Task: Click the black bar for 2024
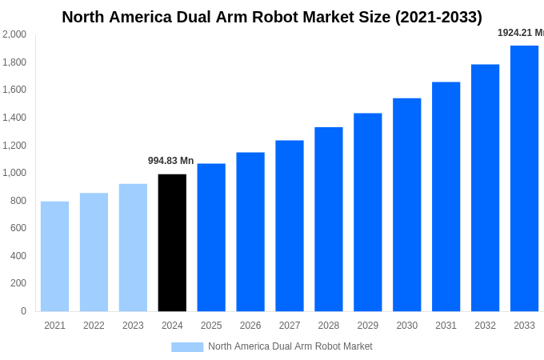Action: click(x=172, y=242)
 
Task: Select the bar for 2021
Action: click(x=54, y=256)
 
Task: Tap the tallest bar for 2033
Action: click(x=524, y=178)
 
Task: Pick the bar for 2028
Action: click(x=328, y=219)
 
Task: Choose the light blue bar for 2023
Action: click(x=133, y=247)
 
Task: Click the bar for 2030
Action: click(x=406, y=205)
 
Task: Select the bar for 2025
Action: click(x=211, y=238)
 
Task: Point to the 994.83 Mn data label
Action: click(x=170, y=161)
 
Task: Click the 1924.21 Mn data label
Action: click(x=520, y=33)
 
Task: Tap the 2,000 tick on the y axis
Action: click(x=14, y=34)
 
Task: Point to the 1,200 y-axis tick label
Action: click(x=14, y=146)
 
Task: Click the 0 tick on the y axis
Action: click(x=23, y=311)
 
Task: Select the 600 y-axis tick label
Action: click(x=18, y=228)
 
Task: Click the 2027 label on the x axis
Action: click(x=290, y=326)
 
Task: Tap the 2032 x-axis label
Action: click(x=485, y=326)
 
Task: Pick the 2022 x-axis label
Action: click(x=94, y=326)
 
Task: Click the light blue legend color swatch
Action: click(x=187, y=346)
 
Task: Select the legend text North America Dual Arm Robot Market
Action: click(x=290, y=346)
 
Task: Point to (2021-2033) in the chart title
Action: click(x=437, y=17)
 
